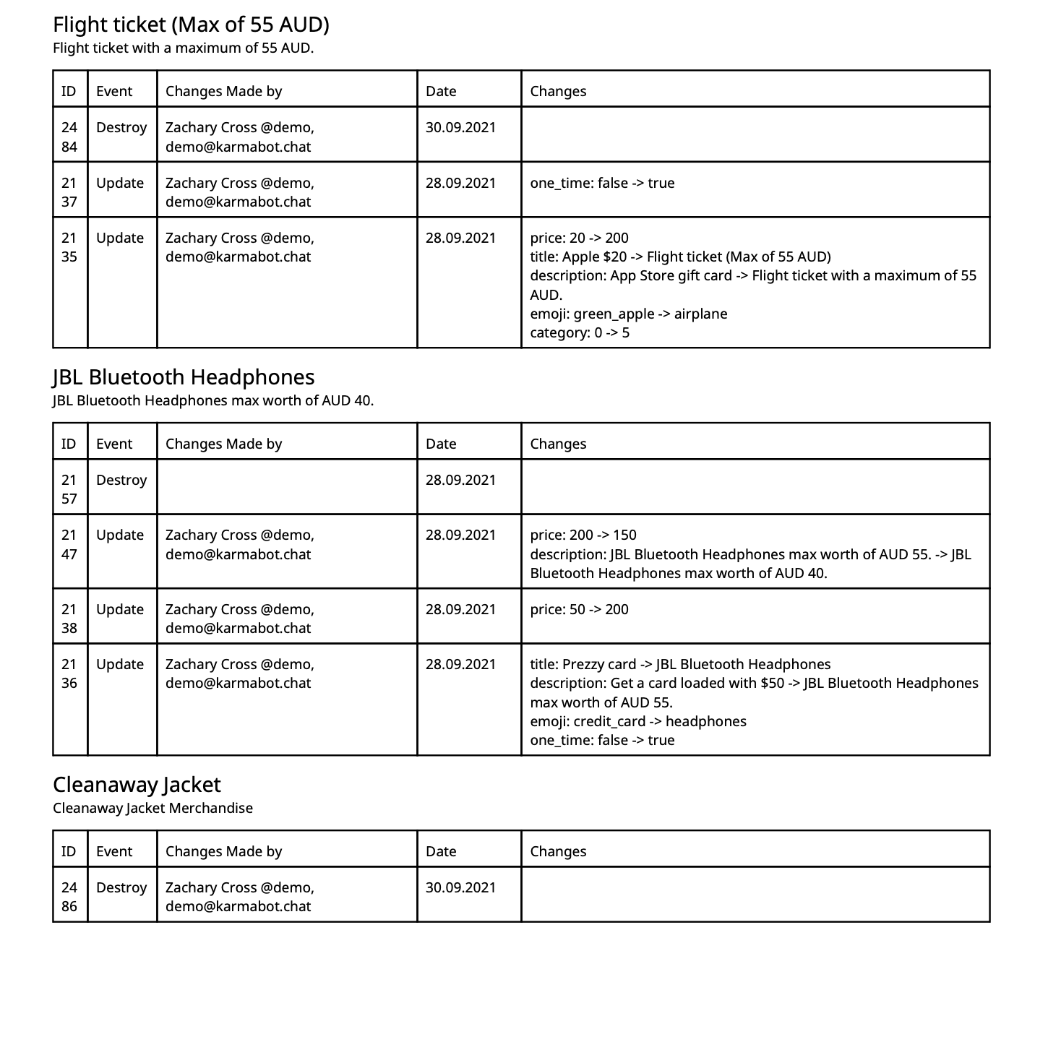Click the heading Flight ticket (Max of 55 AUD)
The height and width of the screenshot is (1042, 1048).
(x=191, y=25)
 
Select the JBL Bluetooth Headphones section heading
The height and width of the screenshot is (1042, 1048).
(x=184, y=377)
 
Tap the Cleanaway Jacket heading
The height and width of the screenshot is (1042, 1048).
(x=137, y=785)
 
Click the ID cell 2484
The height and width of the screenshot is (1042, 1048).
(x=69, y=137)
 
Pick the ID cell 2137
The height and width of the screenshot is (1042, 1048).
(x=69, y=191)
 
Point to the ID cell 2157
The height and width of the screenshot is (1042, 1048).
(x=69, y=489)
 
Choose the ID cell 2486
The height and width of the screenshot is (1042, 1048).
(x=69, y=897)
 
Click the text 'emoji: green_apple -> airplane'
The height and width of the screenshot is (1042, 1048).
(x=628, y=314)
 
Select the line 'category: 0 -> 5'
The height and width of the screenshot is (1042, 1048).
(x=580, y=332)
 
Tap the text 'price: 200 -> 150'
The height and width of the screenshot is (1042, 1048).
(x=583, y=535)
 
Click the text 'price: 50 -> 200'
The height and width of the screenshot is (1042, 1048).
(x=579, y=609)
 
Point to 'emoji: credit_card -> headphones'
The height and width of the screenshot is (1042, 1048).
(x=638, y=721)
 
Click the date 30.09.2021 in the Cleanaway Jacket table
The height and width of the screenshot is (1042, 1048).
(x=460, y=887)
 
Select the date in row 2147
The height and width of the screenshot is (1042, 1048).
(x=460, y=535)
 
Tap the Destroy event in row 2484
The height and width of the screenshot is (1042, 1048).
(x=121, y=127)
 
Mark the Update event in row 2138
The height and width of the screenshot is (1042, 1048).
(x=120, y=609)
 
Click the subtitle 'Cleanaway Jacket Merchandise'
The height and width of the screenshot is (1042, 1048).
(x=153, y=808)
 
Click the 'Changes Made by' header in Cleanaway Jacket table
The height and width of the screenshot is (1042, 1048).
(x=223, y=851)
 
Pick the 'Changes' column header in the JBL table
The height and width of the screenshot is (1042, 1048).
(x=558, y=444)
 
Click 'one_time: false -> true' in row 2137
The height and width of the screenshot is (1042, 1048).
(x=602, y=183)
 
